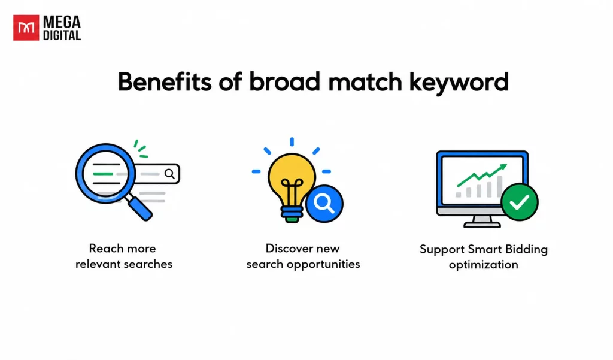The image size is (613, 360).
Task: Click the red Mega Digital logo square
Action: [x=26, y=28]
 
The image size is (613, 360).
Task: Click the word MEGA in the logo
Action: [x=62, y=22]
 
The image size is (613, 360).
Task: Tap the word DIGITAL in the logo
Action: [x=62, y=35]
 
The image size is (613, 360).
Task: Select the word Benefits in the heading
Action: [x=165, y=82]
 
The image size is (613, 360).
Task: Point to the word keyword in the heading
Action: [x=459, y=83]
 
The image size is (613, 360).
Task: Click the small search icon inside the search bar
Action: [x=169, y=174]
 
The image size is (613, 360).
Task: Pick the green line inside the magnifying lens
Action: [x=103, y=174]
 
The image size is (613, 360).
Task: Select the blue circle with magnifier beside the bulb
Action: [x=324, y=204]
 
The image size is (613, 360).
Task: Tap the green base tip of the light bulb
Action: [x=292, y=220]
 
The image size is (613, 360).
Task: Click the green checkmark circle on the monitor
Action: [x=520, y=202]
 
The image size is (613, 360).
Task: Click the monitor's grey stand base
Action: [x=482, y=225]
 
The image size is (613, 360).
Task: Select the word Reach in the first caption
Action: [x=103, y=249]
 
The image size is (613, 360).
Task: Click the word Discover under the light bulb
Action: [x=287, y=249]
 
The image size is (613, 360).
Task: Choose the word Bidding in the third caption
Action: [x=526, y=249]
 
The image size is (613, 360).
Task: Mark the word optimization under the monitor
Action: [x=484, y=265]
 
